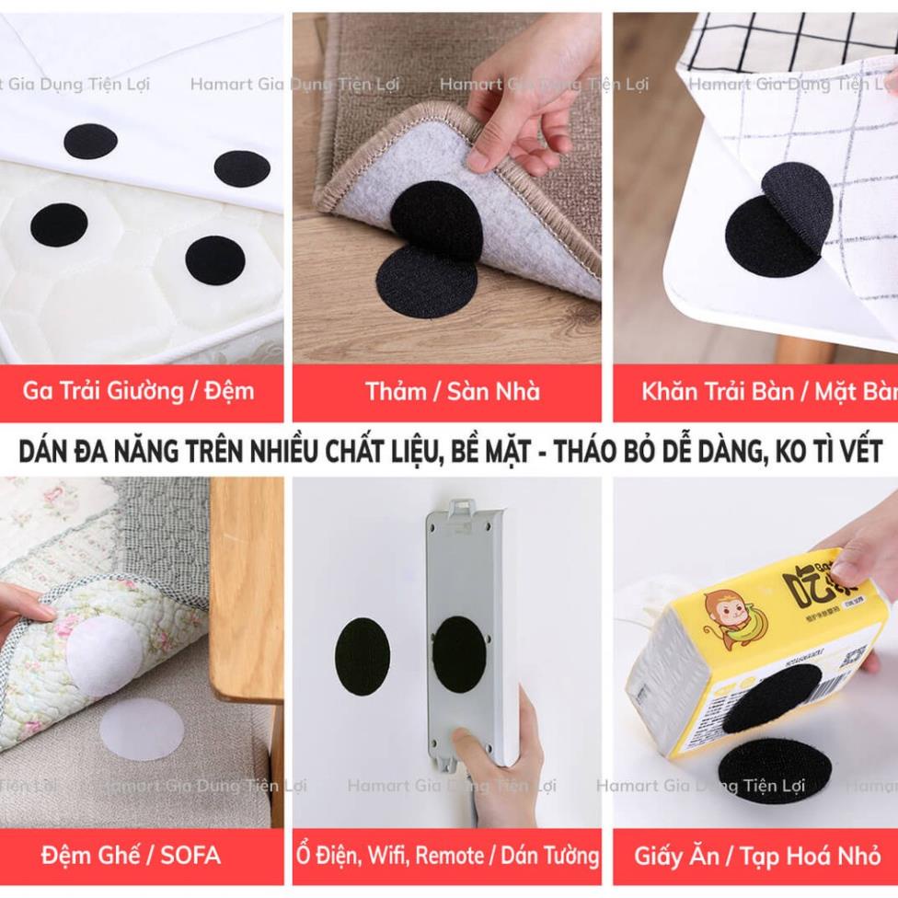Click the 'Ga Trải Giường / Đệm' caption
coord(138,391)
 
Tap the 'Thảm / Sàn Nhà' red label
coord(452,391)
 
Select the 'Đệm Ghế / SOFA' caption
coord(131,855)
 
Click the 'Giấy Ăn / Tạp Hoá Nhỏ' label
coord(756,855)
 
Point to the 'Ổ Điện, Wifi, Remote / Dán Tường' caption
coord(447,855)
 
